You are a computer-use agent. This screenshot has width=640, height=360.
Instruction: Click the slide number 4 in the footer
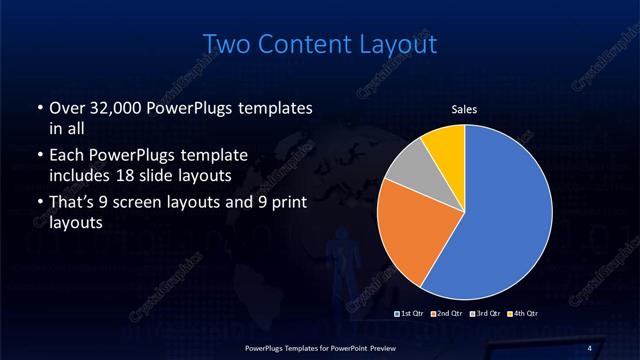[589, 347]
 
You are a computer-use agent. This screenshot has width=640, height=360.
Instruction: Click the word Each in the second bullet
[65, 155]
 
